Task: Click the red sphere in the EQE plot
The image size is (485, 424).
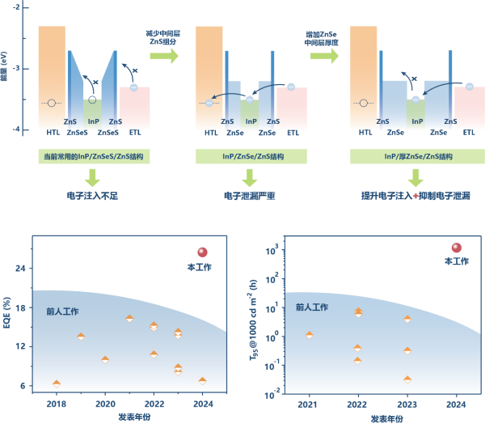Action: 202,252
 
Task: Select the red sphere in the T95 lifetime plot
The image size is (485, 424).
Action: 456,248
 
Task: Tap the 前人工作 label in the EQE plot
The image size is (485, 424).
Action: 62,311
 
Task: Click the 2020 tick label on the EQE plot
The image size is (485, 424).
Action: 105,402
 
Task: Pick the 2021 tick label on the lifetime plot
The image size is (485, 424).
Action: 308,402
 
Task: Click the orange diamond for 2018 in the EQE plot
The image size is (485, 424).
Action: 57,384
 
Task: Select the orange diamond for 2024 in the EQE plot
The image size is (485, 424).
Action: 202,380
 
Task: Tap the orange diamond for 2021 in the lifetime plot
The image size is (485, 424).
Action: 309,334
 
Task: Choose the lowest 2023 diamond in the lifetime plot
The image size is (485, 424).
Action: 407,379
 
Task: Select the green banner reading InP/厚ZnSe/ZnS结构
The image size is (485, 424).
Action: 415,157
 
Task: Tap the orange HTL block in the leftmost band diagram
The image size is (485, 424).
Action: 52,77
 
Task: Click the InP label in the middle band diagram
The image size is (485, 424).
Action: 251,121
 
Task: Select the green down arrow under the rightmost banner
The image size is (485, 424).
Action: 416,178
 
